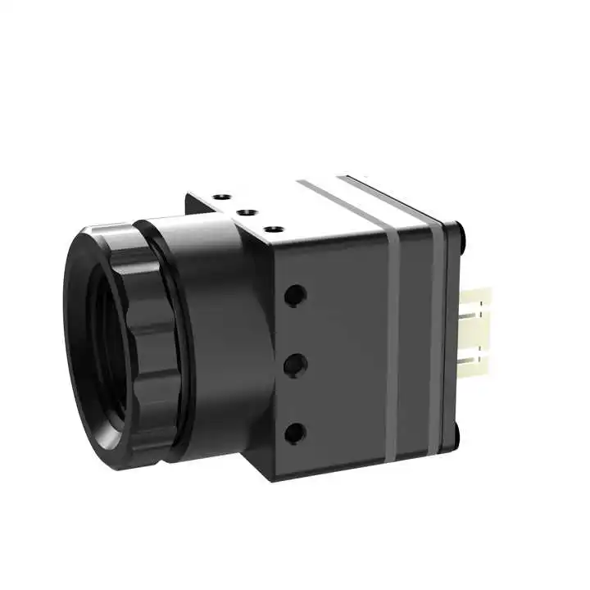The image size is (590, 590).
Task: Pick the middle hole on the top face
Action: tap(244, 211)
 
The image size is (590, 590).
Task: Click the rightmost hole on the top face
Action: tap(272, 229)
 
